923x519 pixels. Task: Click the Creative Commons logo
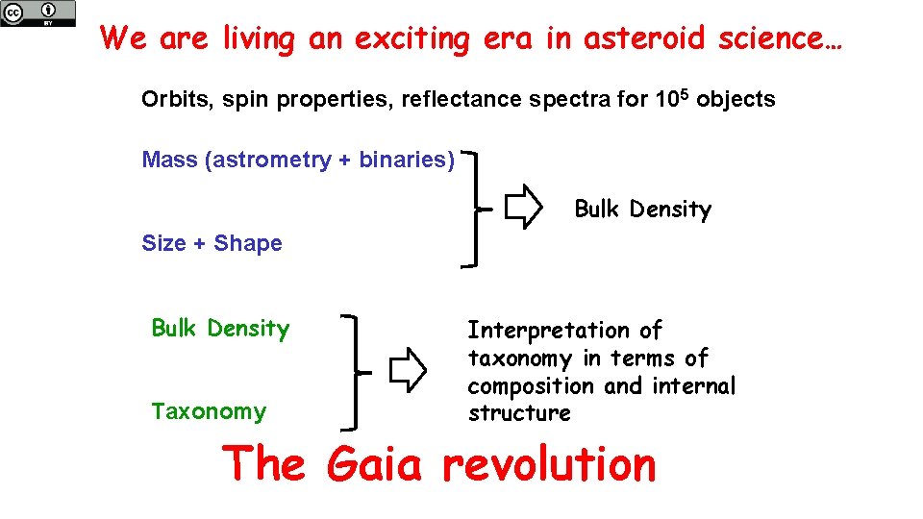(x=37, y=13)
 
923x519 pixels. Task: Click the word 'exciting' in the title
(x=412, y=38)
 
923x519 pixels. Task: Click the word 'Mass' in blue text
(x=169, y=160)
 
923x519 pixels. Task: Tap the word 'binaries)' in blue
(x=407, y=160)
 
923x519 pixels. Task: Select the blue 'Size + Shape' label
(x=212, y=243)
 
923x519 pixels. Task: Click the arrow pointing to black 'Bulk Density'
(x=524, y=208)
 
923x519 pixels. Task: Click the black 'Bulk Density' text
(x=642, y=210)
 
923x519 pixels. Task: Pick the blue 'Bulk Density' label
(x=220, y=329)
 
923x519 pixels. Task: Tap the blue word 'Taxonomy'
(x=208, y=411)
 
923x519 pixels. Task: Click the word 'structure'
(x=519, y=413)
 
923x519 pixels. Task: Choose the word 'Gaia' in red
(x=374, y=465)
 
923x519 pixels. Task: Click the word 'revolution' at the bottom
(x=549, y=465)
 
